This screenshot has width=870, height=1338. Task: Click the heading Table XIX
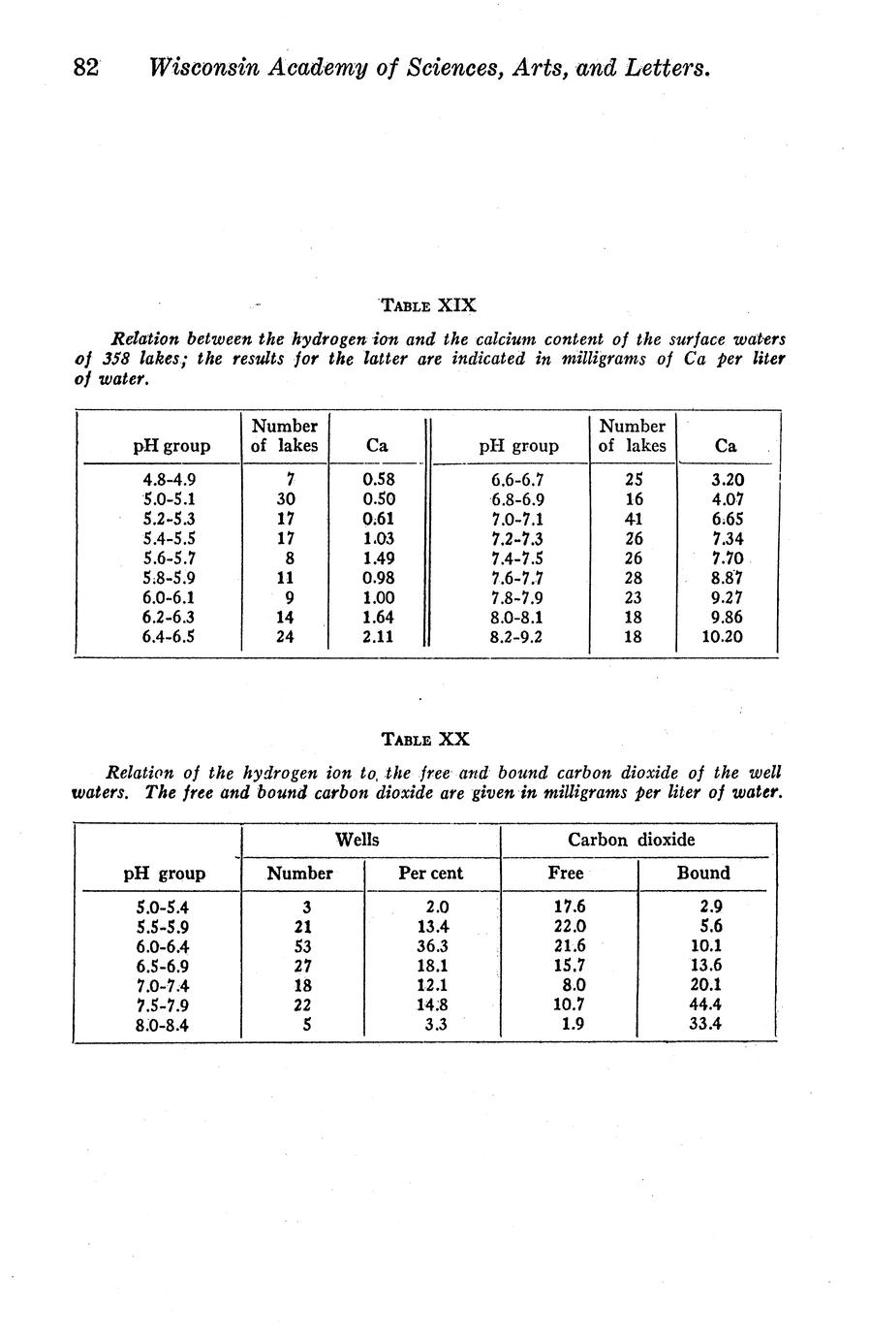(428, 305)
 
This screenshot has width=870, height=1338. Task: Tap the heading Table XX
(425, 739)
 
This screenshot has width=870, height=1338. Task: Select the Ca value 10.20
(722, 637)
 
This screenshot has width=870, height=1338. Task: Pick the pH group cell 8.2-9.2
(517, 637)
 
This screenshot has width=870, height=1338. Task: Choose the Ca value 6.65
(726, 519)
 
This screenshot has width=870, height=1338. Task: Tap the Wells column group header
(357, 840)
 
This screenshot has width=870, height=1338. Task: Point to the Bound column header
(703, 873)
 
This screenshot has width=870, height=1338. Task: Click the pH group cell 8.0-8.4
(163, 1025)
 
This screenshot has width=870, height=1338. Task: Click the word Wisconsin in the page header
(204, 69)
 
